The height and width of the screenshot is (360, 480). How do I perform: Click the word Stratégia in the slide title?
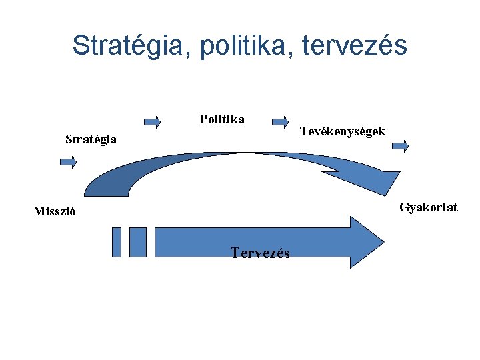click(127, 46)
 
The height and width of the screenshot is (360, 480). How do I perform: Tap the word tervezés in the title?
click(355, 46)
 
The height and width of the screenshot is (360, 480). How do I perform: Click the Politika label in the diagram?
click(222, 119)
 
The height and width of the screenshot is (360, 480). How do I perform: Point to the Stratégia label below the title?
click(91, 139)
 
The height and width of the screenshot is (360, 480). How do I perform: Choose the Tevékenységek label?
click(342, 131)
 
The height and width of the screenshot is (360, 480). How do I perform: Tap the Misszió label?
click(55, 212)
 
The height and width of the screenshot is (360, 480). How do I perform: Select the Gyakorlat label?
click(429, 207)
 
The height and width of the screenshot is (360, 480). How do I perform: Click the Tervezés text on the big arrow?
click(260, 253)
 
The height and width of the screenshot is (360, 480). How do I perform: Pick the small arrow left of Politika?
click(153, 121)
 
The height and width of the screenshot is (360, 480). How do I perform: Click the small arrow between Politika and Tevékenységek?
click(280, 121)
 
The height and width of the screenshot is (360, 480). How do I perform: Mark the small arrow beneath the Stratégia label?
click(68, 161)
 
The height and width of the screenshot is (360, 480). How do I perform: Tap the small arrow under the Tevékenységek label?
click(400, 147)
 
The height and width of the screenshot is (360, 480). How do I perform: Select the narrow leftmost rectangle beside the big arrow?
click(117, 242)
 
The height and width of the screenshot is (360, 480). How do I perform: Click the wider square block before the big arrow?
click(137, 242)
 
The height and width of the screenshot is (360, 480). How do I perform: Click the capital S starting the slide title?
click(81, 46)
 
